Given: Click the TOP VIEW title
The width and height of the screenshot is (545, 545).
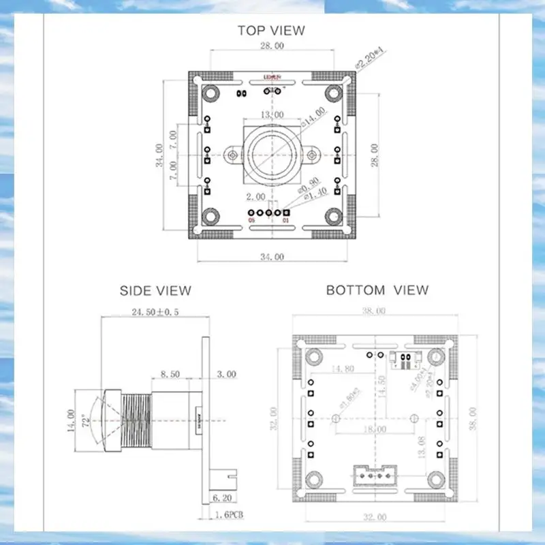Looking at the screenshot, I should click(x=271, y=30).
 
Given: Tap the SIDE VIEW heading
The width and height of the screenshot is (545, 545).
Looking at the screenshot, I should click(x=155, y=291).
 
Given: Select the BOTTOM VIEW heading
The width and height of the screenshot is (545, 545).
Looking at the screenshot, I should click(x=377, y=290).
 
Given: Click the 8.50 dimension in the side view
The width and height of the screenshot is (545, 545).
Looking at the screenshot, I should click(x=170, y=374).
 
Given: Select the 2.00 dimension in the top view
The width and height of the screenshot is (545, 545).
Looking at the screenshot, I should click(x=255, y=197).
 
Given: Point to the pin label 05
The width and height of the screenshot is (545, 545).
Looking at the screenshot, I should click(x=251, y=221).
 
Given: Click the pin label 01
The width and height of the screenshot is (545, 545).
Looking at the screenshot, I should click(x=285, y=221).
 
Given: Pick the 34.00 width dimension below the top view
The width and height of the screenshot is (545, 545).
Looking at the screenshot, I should click(x=271, y=256).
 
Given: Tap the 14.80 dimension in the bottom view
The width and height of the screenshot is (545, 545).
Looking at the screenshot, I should click(x=342, y=369).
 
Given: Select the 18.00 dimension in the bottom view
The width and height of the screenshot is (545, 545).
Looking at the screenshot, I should click(x=374, y=430).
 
